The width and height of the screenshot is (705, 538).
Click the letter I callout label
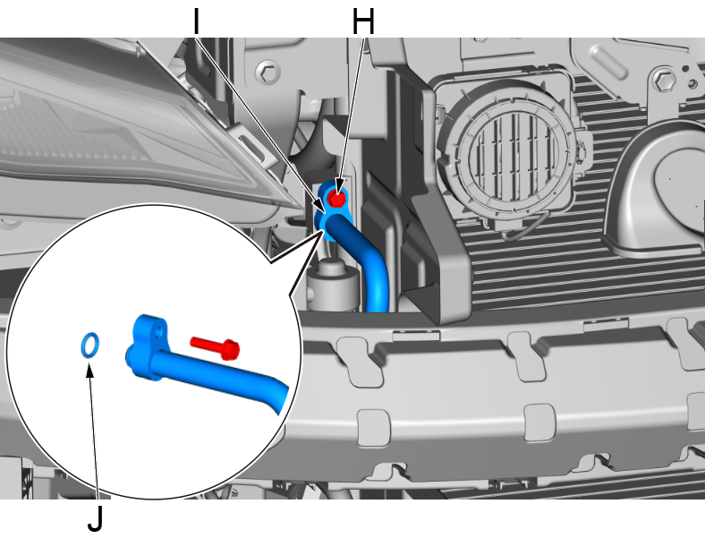tap(196, 21)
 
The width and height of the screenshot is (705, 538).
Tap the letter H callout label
tap(363, 21)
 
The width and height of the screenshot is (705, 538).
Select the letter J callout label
tap(96, 518)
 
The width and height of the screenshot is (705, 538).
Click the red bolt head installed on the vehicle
tap(336, 198)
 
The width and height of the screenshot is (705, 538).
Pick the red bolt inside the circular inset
tap(215, 347)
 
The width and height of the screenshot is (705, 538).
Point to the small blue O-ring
tap(90, 345)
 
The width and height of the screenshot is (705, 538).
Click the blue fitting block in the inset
tap(149, 346)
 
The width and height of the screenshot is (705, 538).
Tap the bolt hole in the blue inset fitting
tap(157, 332)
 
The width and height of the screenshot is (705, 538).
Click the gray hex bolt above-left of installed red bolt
tap(268, 72)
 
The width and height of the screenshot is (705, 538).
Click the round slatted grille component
tap(508, 153)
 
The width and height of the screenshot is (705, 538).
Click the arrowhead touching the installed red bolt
tap(338, 189)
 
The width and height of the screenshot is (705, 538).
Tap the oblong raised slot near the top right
tap(607, 62)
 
